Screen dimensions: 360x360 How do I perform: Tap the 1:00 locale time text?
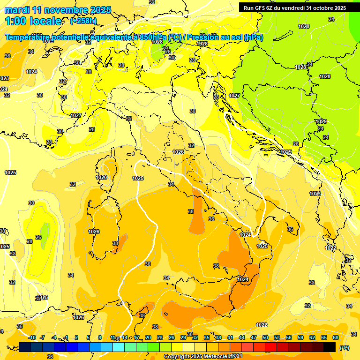pos(33,21)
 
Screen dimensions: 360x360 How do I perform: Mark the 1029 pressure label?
pos(321,121)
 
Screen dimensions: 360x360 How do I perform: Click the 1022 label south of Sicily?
pos(262,325)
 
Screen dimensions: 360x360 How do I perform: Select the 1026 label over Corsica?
pos(101,177)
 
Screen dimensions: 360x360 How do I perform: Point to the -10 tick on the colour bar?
pos(32,337)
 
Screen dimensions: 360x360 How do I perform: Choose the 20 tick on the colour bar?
pos(148,337)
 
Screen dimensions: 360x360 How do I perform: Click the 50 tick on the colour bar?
pos(265,337)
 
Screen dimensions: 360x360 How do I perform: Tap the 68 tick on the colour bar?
pos(336,337)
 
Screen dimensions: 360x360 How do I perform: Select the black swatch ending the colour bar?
pos(330,347)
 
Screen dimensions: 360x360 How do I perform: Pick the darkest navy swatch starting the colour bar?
pos(25,347)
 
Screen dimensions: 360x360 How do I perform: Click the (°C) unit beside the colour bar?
pos(344,348)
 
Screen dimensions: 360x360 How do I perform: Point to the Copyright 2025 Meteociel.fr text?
pos(197,357)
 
